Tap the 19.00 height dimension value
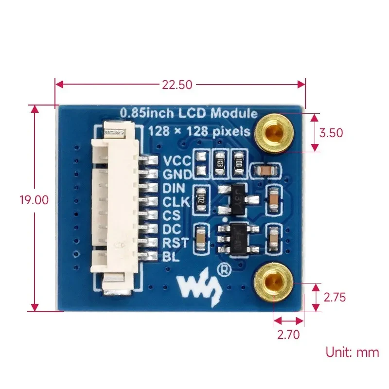point(34,200)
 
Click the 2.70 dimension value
point(288,334)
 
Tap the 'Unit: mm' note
point(352,352)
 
